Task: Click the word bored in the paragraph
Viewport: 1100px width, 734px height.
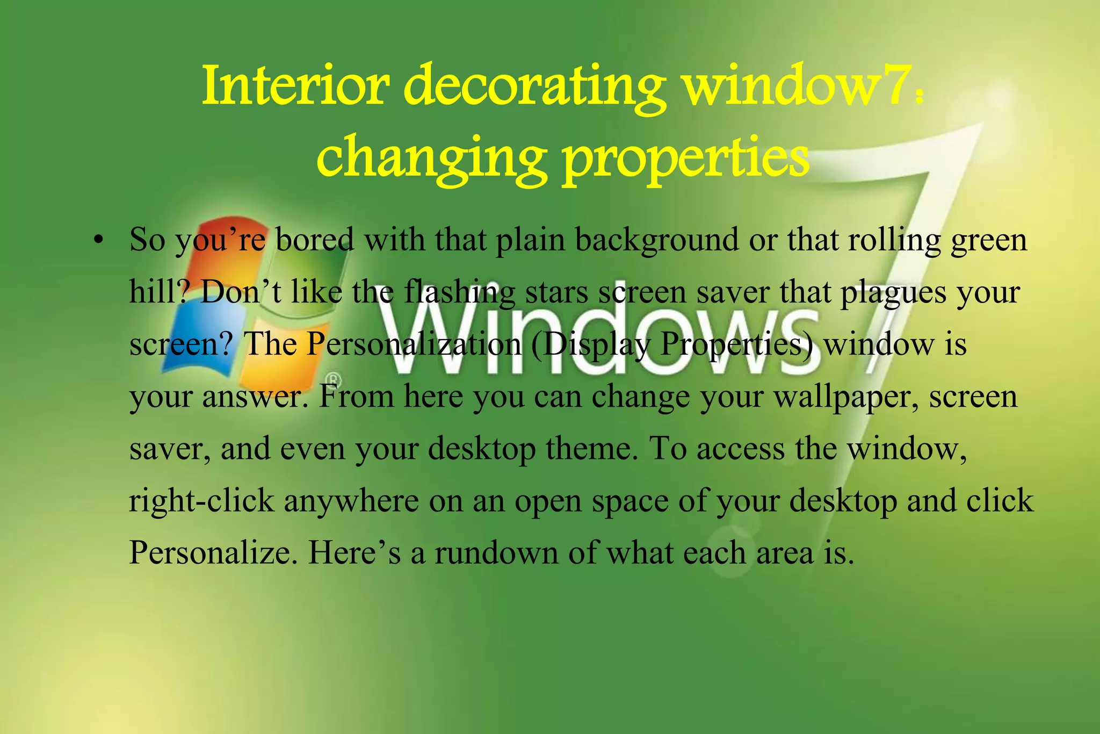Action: (x=315, y=240)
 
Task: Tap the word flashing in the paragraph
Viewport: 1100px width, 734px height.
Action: (x=459, y=293)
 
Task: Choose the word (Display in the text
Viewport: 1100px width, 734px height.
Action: (x=590, y=345)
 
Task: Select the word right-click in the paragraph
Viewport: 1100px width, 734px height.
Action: (x=201, y=501)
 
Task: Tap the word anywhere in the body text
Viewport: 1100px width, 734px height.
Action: (x=351, y=502)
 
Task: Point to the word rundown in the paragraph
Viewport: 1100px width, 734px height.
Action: (x=496, y=552)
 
